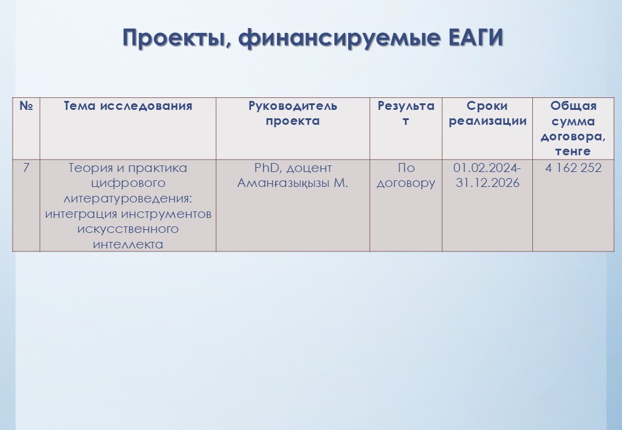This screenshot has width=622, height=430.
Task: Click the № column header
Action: coord(26,106)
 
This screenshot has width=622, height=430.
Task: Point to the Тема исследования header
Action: coord(128,106)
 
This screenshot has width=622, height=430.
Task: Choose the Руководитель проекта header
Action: coord(292,113)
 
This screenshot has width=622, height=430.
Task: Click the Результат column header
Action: coord(406,113)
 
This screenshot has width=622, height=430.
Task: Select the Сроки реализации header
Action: coord(487,113)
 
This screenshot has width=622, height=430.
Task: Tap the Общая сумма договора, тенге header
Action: coord(573,128)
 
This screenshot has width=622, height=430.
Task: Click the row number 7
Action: coord(26,168)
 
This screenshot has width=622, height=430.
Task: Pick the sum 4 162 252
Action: coord(573,168)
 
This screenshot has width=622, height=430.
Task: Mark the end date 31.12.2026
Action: coord(487,183)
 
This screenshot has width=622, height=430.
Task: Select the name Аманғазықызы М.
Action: coord(292,183)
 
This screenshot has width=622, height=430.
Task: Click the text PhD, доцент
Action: coord(292,168)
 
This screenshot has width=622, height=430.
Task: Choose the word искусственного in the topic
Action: coord(128,229)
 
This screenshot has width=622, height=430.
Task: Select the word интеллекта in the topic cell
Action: coord(128,244)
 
